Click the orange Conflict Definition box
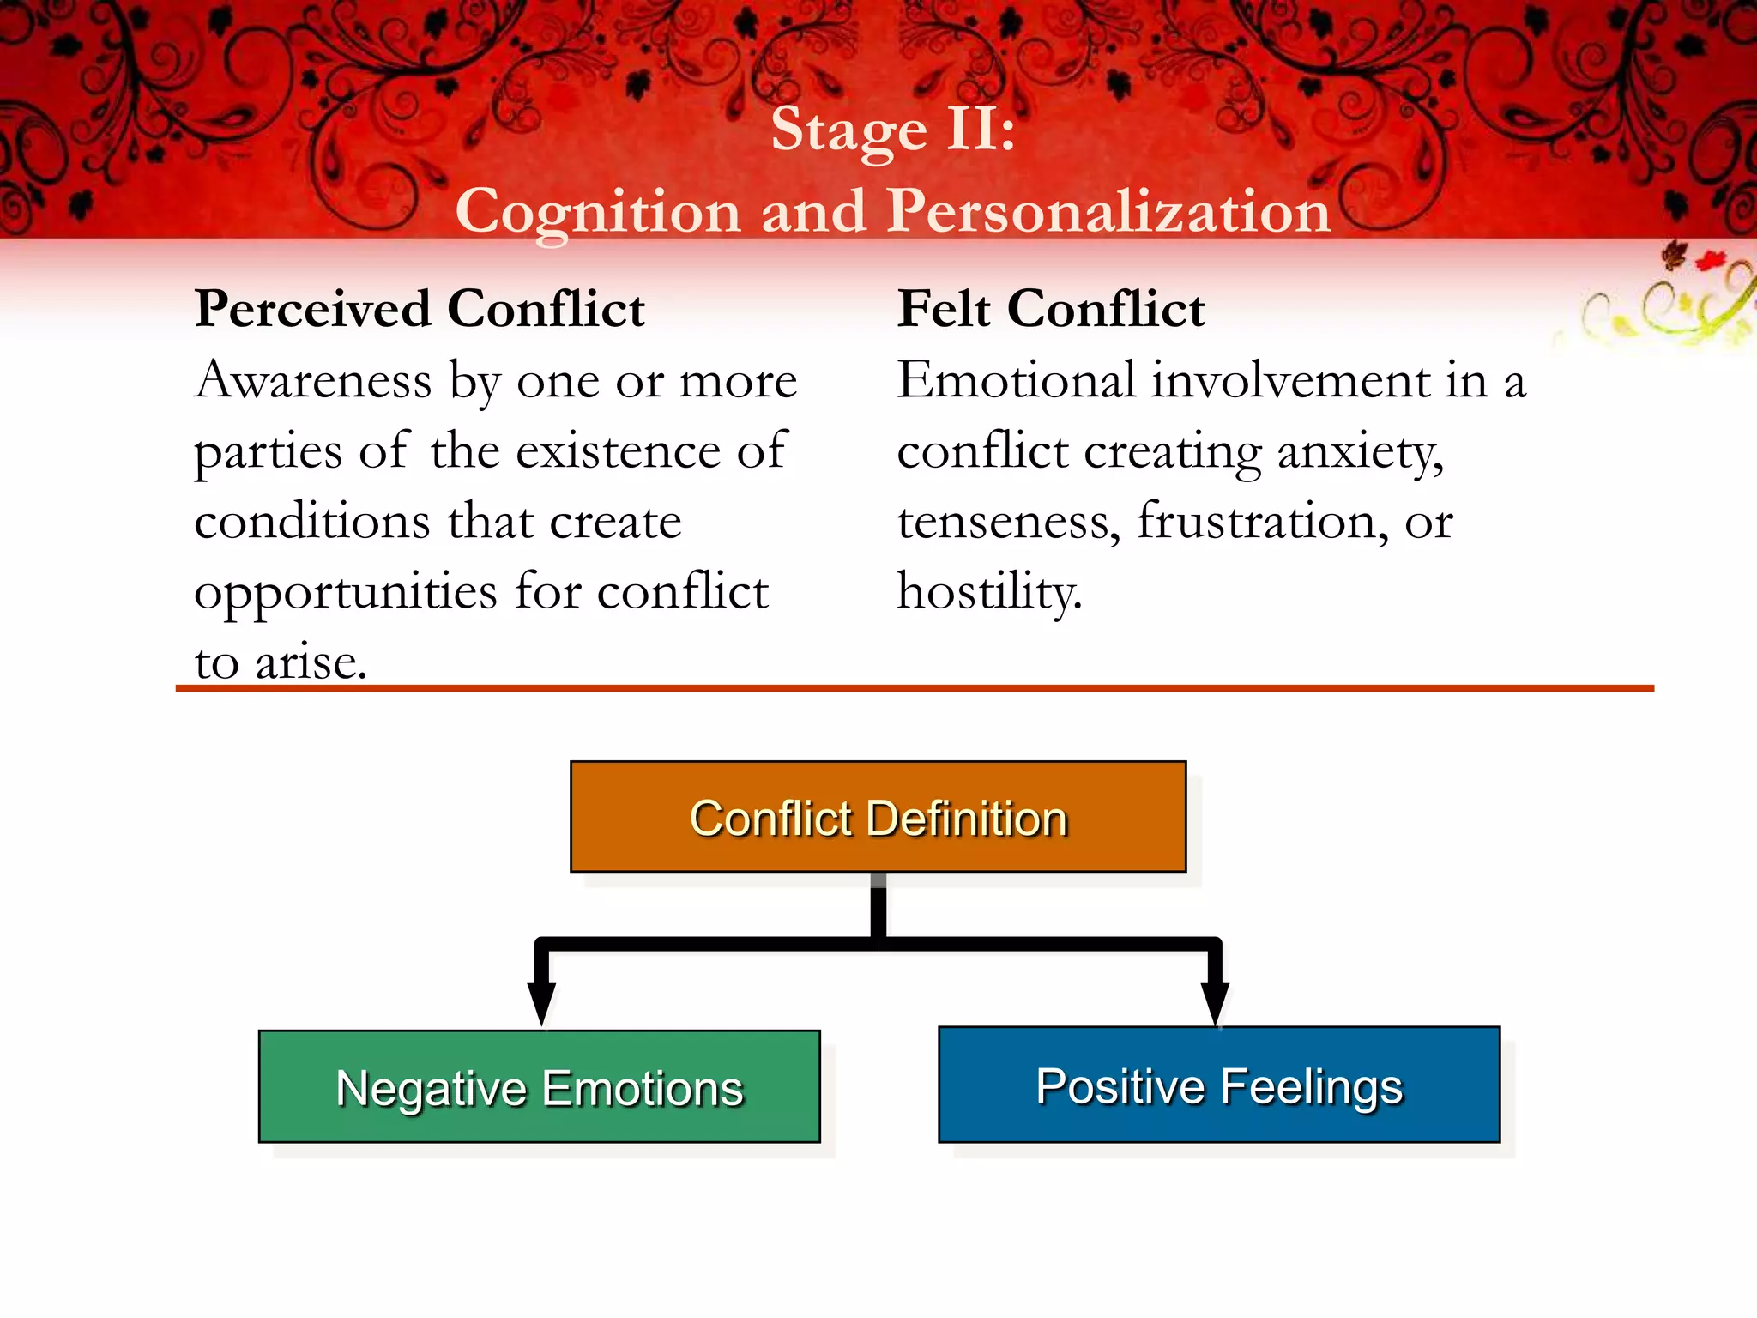pyautogui.click(x=878, y=816)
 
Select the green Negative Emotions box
pyautogui.click(x=539, y=1086)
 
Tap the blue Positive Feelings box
pyautogui.click(x=1218, y=1085)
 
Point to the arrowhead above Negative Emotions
pyautogui.click(x=541, y=1002)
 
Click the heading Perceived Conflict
pyautogui.click(x=420, y=309)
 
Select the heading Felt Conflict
pyautogui.click(x=1051, y=309)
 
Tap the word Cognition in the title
pyautogui.click(x=598, y=212)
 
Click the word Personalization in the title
pyautogui.click(x=1108, y=210)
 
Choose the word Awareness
pyautogui.click(x=313, y=380)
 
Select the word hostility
pyautogui.click(x=989, y=592)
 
